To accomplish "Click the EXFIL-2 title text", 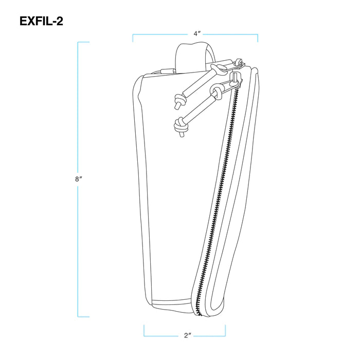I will click(41, 21).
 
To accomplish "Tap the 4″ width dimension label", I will click(196, 33).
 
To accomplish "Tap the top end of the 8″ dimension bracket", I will click(84, 42).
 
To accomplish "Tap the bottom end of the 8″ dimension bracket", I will click(84, 317).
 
